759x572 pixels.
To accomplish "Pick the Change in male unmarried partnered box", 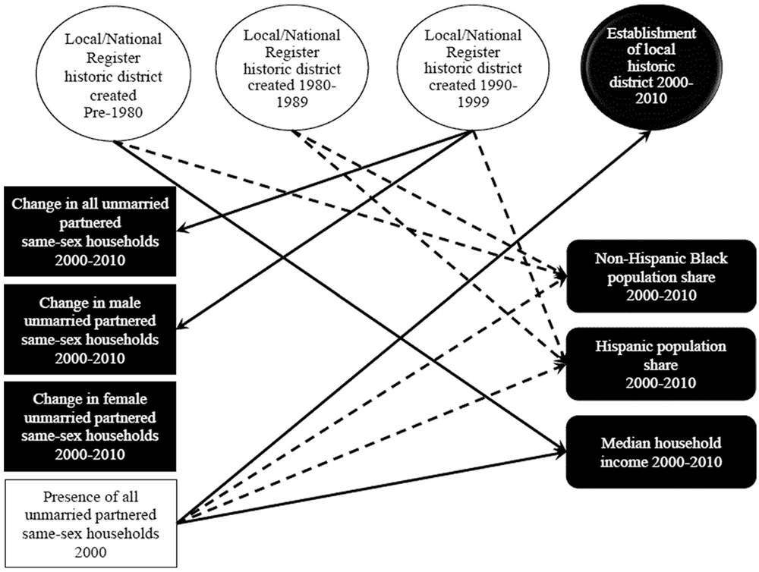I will click(90, 328).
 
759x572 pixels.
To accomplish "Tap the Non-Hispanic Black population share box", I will click(662, 276).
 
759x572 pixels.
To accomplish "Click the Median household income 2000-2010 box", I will click(662, 452).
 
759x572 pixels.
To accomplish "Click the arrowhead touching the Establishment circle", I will click(647, 132).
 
